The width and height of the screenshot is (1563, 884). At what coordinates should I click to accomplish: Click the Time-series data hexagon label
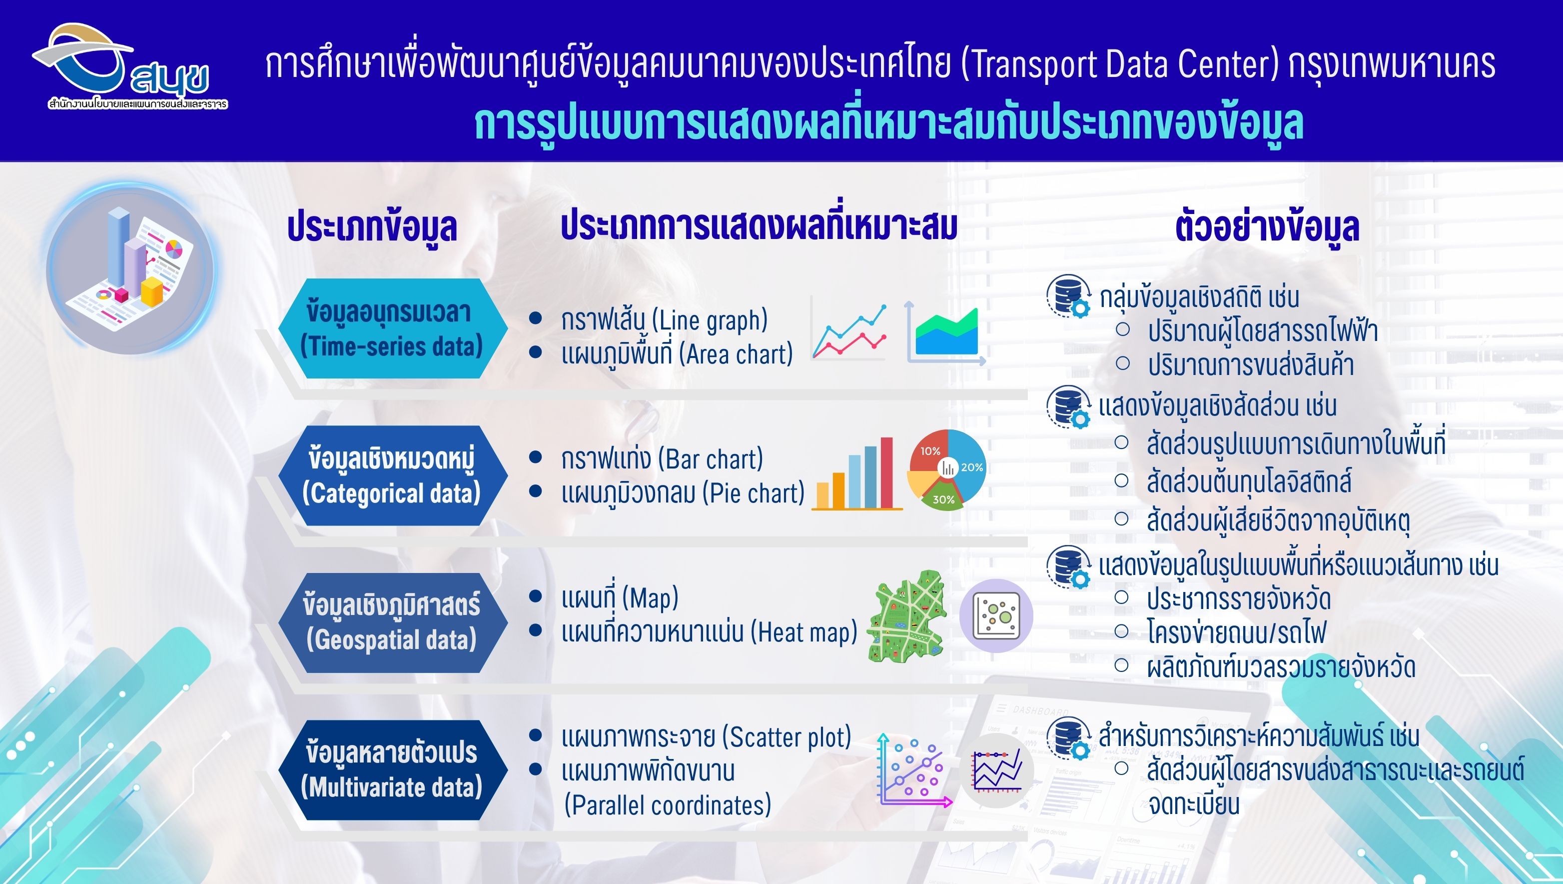click(393, 328)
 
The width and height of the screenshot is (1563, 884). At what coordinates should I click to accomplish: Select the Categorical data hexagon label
click(393, 475)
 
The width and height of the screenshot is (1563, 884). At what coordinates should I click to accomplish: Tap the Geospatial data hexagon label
click(393, 622)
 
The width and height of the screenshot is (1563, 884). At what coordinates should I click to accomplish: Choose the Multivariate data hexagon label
click(393, 770)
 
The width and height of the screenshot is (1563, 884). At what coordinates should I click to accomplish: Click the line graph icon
click(849, 331)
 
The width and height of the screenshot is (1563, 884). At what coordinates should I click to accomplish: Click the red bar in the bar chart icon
click(886, 472)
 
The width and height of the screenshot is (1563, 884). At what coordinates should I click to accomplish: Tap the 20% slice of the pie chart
click(967, 461)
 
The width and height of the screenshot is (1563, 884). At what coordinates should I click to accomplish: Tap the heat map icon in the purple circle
click(996, 615)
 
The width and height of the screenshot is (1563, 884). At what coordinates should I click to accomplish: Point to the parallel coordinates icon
click(997, 770)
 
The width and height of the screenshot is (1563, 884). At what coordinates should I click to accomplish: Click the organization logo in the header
click(129, 67)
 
